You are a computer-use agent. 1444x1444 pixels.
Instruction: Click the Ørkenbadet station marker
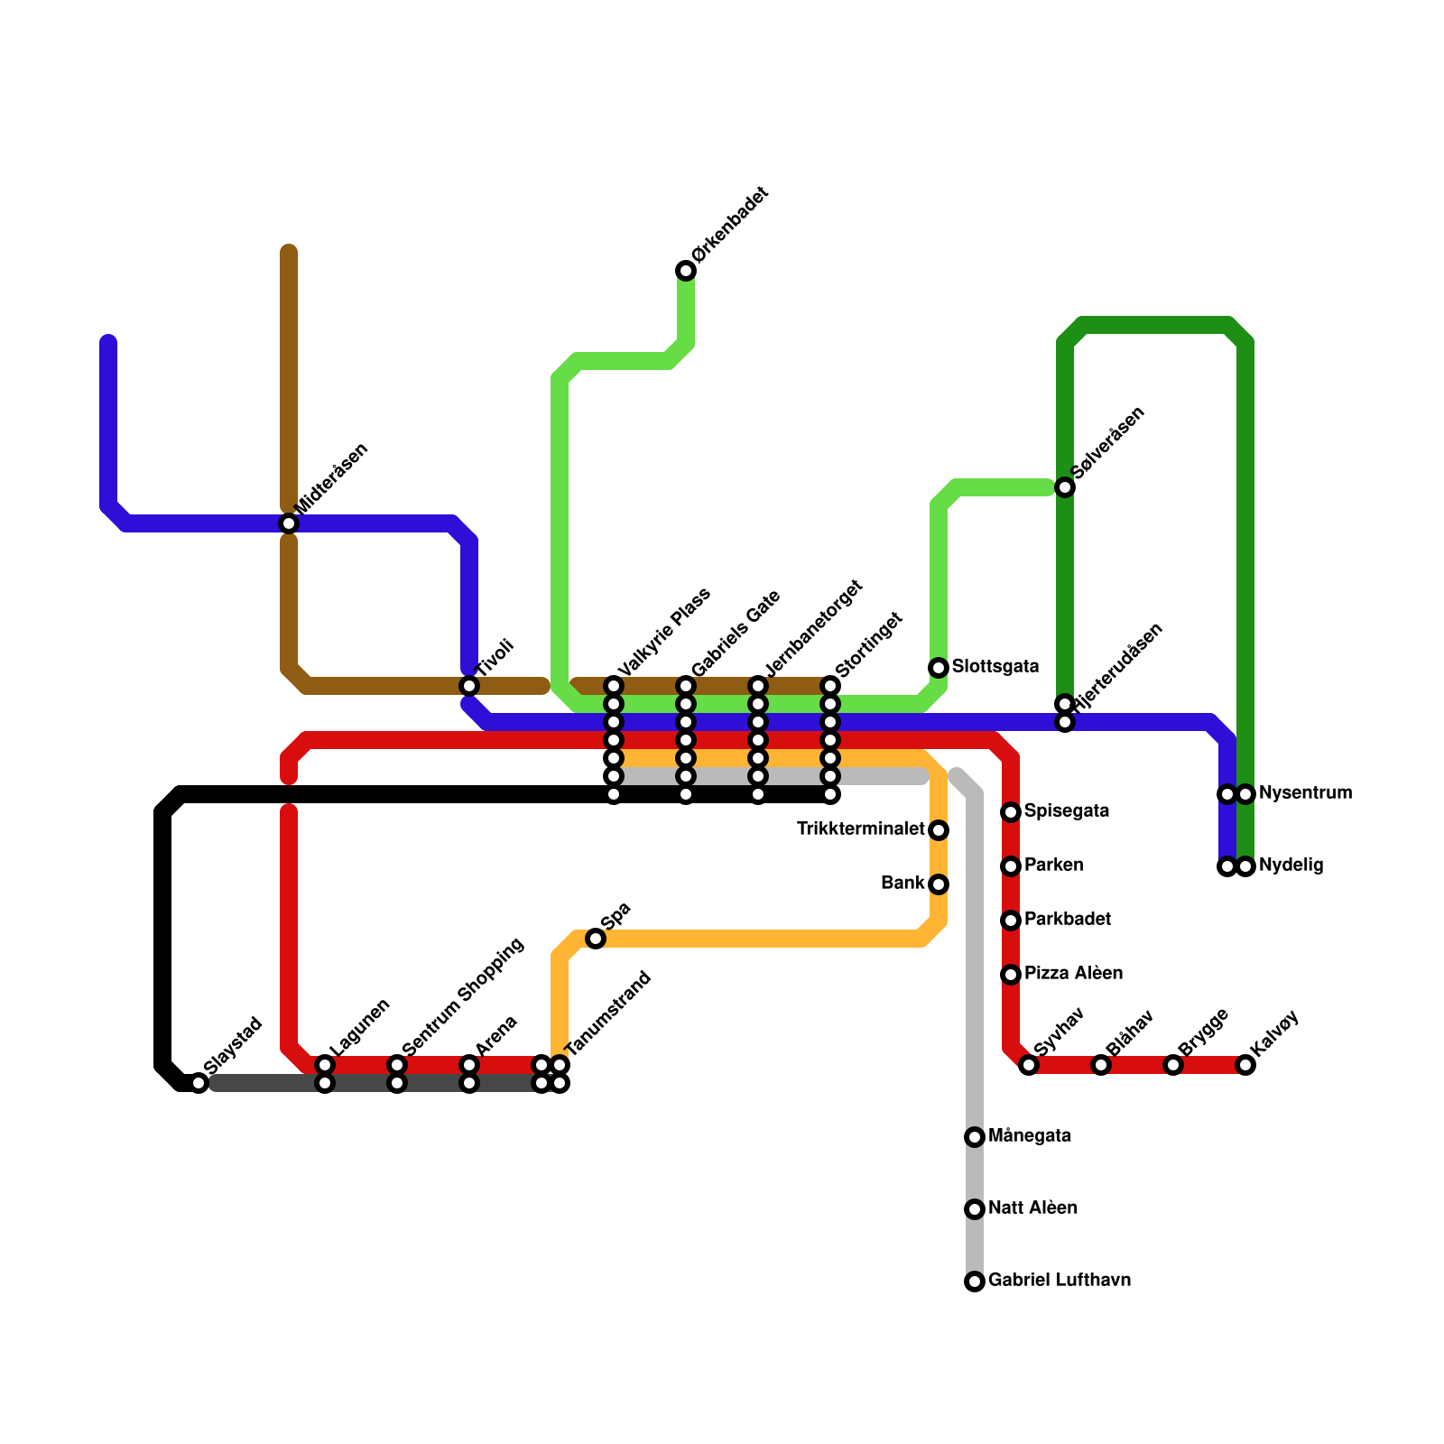[686, 271]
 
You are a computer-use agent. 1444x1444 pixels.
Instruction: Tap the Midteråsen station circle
[289, 523]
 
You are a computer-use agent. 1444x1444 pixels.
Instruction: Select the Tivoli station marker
[469, 686]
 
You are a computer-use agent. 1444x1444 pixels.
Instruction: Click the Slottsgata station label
[995, 667]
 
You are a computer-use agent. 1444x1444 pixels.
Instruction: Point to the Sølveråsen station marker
[1065, 487]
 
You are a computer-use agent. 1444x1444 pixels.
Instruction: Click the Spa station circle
[596, 939]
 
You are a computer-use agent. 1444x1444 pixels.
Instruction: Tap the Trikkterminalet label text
[861, 829]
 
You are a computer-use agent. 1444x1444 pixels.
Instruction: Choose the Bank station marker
[939, 884]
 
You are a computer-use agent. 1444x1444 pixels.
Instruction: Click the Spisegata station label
[1067, 811]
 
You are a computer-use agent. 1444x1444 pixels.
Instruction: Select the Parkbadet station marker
[1011, 921]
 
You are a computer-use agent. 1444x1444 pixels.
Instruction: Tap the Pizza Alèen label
[1073, 974]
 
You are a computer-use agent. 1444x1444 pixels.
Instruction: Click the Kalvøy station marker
[1245, 1065]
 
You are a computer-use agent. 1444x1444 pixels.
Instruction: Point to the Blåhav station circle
[1101, 1065]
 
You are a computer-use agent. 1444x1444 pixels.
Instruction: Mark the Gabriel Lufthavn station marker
[975, 1282]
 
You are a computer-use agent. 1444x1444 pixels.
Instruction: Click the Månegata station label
[1030, 1136]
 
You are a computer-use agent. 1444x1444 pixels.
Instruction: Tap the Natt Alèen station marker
[975, 1209]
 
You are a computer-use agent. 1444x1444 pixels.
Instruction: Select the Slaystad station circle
[199, 1083]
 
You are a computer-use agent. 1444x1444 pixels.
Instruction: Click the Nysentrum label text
[1305, 793]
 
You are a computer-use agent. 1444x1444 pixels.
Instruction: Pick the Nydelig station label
[1291, 865]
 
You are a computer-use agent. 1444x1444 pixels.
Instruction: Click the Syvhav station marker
[1029, 1065]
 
